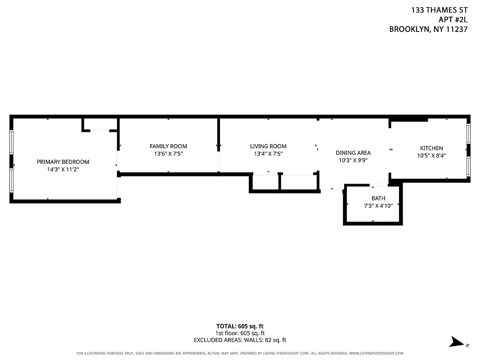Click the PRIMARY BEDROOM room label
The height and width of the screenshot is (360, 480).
click(x=63, y=162)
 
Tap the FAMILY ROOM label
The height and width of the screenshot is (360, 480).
click(x=168, y=146)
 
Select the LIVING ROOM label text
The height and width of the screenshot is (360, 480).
click(x=268, y=146)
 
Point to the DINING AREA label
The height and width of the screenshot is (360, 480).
click(x=353, y=153)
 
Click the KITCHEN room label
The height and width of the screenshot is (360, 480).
click(x=431, y=148)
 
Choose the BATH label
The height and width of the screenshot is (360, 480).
click(x=378, y=198)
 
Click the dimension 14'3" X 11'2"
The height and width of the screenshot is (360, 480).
click(x=63, y=170)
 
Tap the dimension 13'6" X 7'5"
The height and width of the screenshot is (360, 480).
click(x=168, y=154)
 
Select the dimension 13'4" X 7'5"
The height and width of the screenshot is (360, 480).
click(x=268, y=154)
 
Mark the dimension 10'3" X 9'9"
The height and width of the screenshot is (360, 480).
click(x=353, y=160)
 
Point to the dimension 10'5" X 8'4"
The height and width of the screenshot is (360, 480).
click(x=431, y=156)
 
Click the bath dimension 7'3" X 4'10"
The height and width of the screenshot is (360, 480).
click(x=378, y=206)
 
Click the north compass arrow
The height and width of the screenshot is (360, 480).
click(x=458, y=342)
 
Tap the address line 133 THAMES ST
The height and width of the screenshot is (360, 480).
click(x=440, y=9)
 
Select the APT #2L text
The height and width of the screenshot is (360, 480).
click(x=453, y=19)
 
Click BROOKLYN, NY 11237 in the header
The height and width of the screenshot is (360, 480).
click(x=428, y=30)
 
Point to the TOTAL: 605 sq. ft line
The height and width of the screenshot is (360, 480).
click(x=240, y=326)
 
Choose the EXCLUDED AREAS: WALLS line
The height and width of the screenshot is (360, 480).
click(x=240, y=340)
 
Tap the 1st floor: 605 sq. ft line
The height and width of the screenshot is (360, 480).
click(x=240, y=333)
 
